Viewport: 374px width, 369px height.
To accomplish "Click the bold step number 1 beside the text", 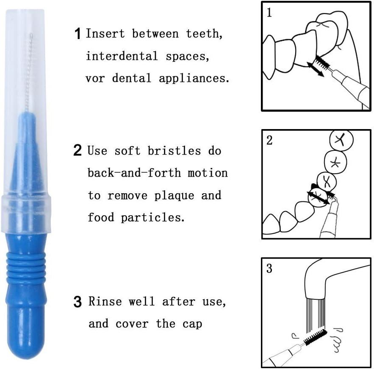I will [78, 34].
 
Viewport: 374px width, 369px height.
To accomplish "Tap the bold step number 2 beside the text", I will [78, 151].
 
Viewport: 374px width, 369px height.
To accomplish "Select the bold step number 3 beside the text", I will [78, 302].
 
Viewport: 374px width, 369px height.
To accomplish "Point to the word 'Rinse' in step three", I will [105, 301].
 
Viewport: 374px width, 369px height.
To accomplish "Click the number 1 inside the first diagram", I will [269, 13].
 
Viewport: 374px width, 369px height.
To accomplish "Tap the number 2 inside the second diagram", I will [270, 141].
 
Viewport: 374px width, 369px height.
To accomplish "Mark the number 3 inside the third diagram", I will [270, 269].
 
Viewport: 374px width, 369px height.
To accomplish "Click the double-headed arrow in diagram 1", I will [316, 68].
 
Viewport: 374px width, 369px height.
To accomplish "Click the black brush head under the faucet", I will [315, 336].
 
